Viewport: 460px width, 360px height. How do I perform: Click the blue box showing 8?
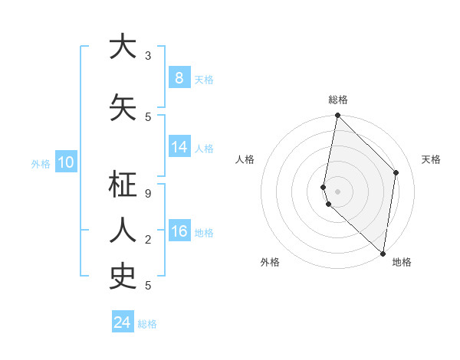179,77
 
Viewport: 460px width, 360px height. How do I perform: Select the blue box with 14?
179,147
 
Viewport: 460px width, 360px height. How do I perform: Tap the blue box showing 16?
179,231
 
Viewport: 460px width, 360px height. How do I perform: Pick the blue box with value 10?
65,162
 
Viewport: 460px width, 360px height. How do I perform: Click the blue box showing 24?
123,322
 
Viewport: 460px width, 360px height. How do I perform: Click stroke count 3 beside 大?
148,56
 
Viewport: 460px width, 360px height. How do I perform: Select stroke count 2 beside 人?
148,240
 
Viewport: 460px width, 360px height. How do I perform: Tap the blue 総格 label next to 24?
148,324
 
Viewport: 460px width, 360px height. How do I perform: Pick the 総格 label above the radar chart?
338,100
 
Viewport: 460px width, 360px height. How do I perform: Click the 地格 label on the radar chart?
402,263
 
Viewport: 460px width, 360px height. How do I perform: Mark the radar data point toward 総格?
338,116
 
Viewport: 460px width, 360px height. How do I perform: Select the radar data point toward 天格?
396,172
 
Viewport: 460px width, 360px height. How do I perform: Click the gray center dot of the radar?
338,191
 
